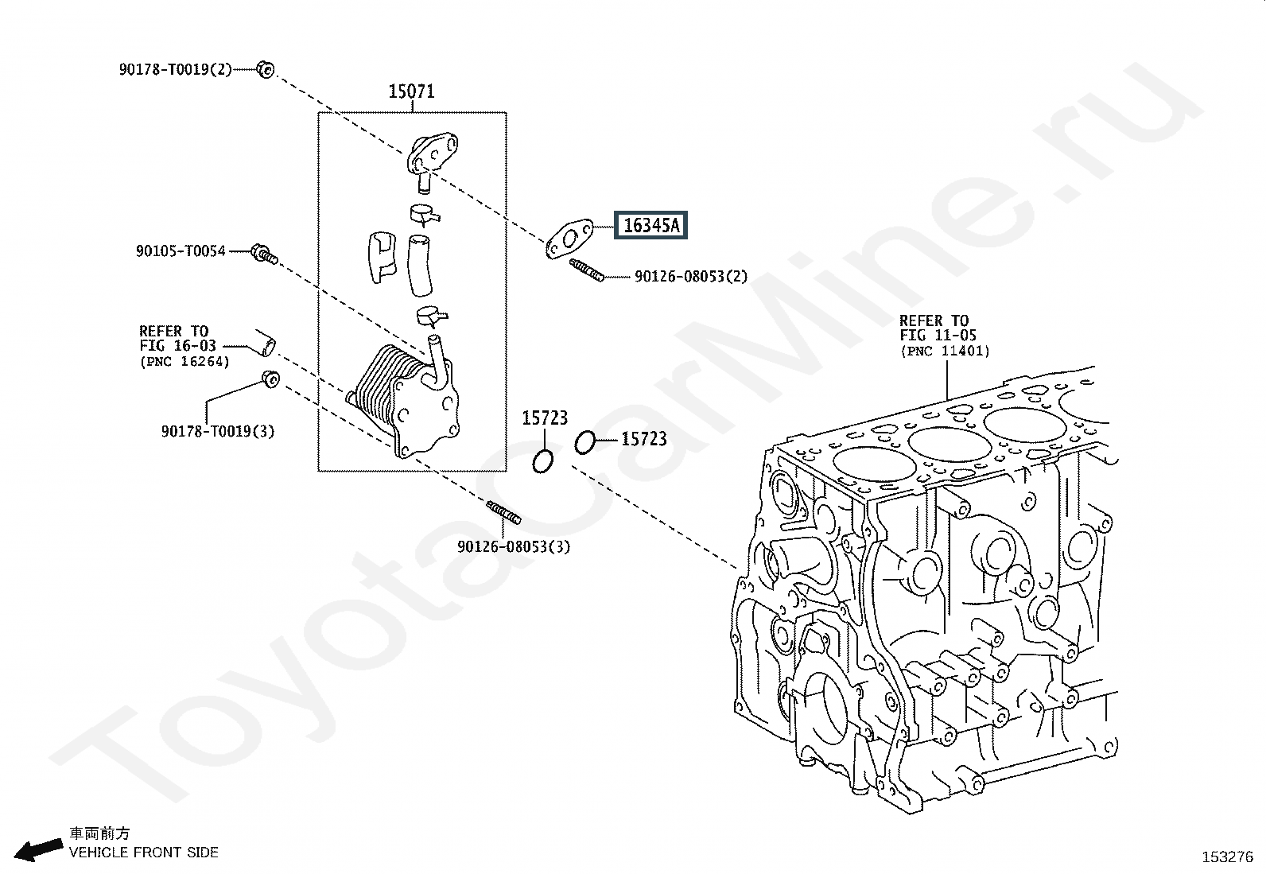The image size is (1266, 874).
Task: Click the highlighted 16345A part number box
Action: point(651,226)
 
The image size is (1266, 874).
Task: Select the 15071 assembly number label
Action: point(411,91)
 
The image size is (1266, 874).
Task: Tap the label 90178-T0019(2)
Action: point(176,69)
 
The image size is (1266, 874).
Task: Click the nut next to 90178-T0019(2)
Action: point(266,69)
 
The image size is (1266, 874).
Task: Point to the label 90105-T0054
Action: point(181,251)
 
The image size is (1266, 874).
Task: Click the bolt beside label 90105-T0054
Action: point(263,254)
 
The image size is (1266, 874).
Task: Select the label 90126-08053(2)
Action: point(690,277)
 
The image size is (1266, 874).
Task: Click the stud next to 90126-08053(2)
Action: point(587,270)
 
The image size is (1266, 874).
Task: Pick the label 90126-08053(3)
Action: point(514,546)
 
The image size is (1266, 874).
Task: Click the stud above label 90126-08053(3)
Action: point(503,512)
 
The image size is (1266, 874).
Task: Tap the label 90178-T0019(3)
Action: point(218,431)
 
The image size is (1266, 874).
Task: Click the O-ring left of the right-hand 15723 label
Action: point(584,443)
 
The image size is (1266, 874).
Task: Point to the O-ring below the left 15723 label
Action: point(543,460)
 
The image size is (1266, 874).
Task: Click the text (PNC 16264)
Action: point(184,362)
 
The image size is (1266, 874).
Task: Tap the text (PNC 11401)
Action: point(945,351)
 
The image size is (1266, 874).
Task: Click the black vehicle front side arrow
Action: point(39,849)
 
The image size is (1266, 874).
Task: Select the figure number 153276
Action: point(1226,857)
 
